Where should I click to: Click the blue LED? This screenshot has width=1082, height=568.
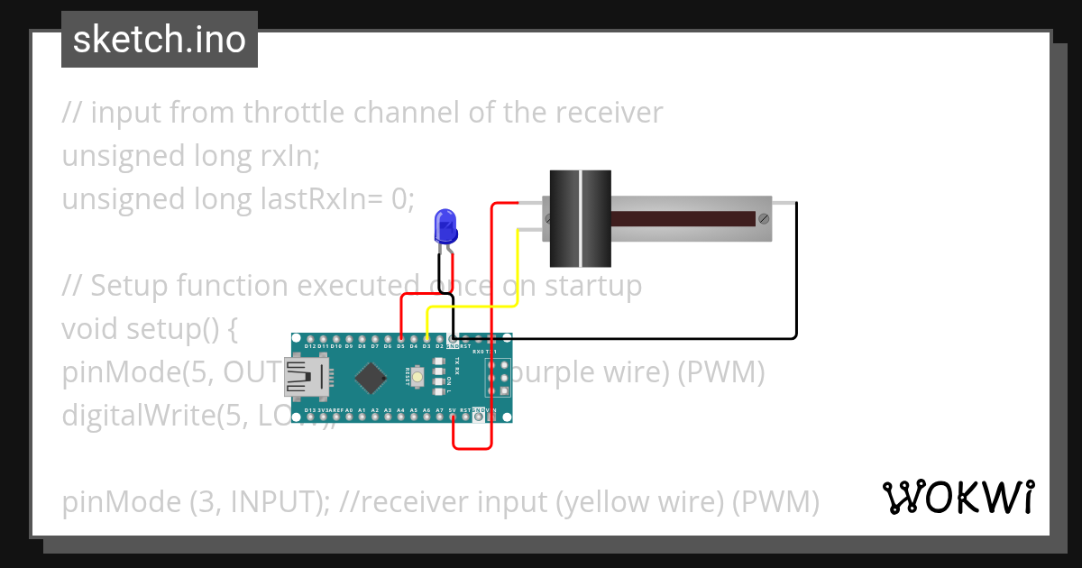click(x=445, y=225)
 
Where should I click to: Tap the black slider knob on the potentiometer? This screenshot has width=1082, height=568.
click(x=581, y=219)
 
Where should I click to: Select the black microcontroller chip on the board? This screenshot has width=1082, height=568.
click(x=371, y=378)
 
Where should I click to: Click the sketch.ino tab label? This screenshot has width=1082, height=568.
click(x=160, y=40)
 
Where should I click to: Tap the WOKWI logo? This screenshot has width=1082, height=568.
click(x=958, y=497)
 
